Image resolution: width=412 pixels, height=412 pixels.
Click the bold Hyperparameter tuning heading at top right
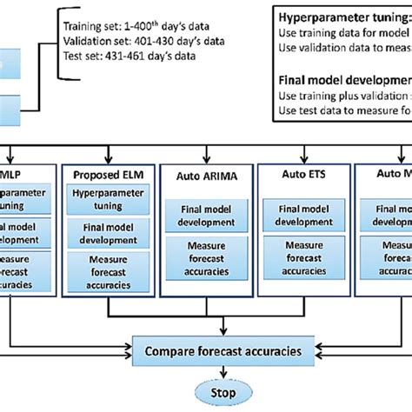pos(343,17)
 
